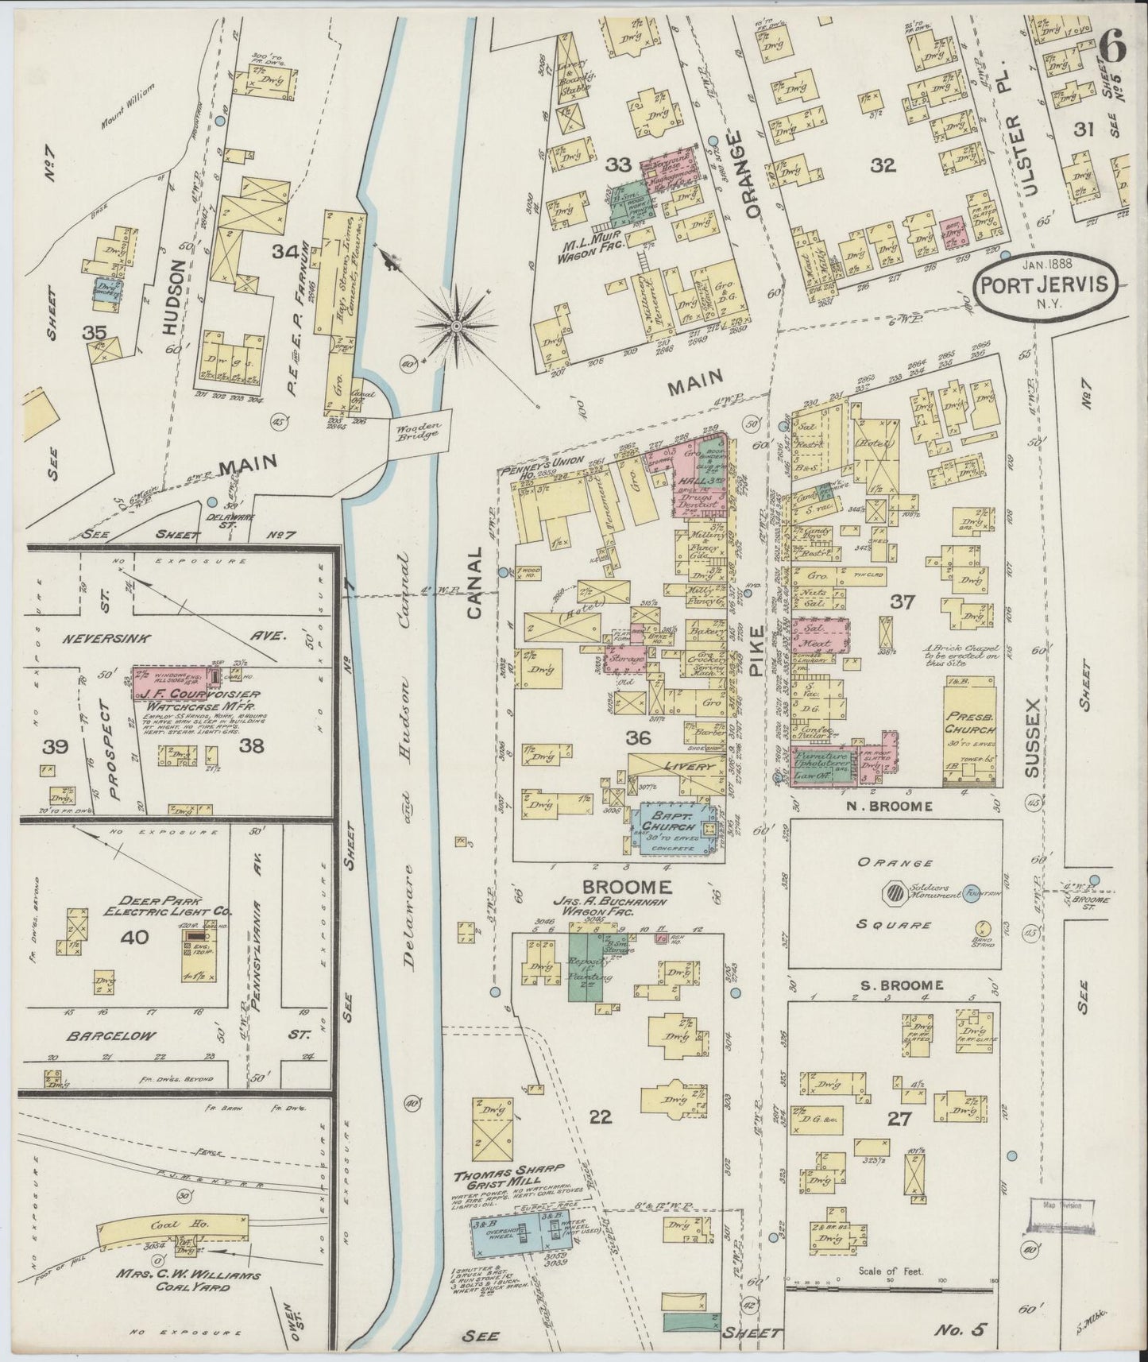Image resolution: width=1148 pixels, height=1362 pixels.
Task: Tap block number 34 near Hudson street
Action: tap(284, 253)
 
